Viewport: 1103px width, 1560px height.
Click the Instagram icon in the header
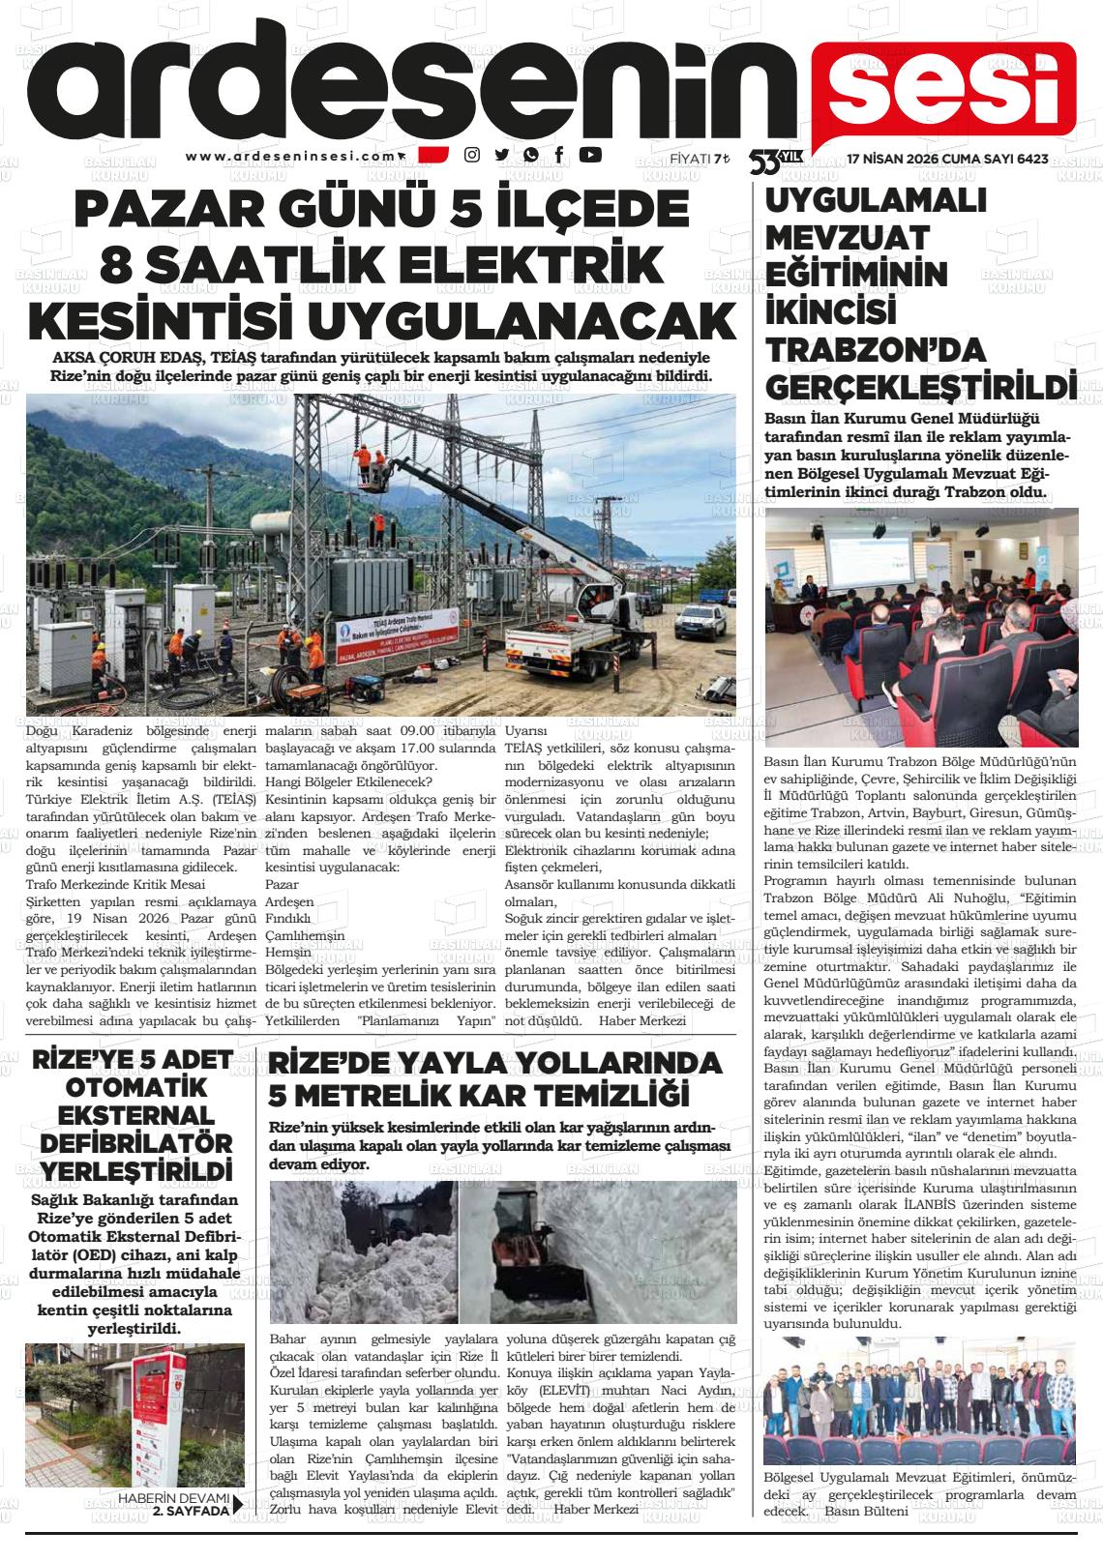tap(472, 155)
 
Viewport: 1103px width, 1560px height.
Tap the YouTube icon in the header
tap(589, 154)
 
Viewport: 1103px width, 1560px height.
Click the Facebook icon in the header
tap(559, 154)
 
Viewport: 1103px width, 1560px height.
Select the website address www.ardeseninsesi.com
tap(290, 156)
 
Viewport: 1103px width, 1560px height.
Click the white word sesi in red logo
tap(943, 90)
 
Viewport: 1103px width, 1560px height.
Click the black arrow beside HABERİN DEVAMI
tap(238, 1504)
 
